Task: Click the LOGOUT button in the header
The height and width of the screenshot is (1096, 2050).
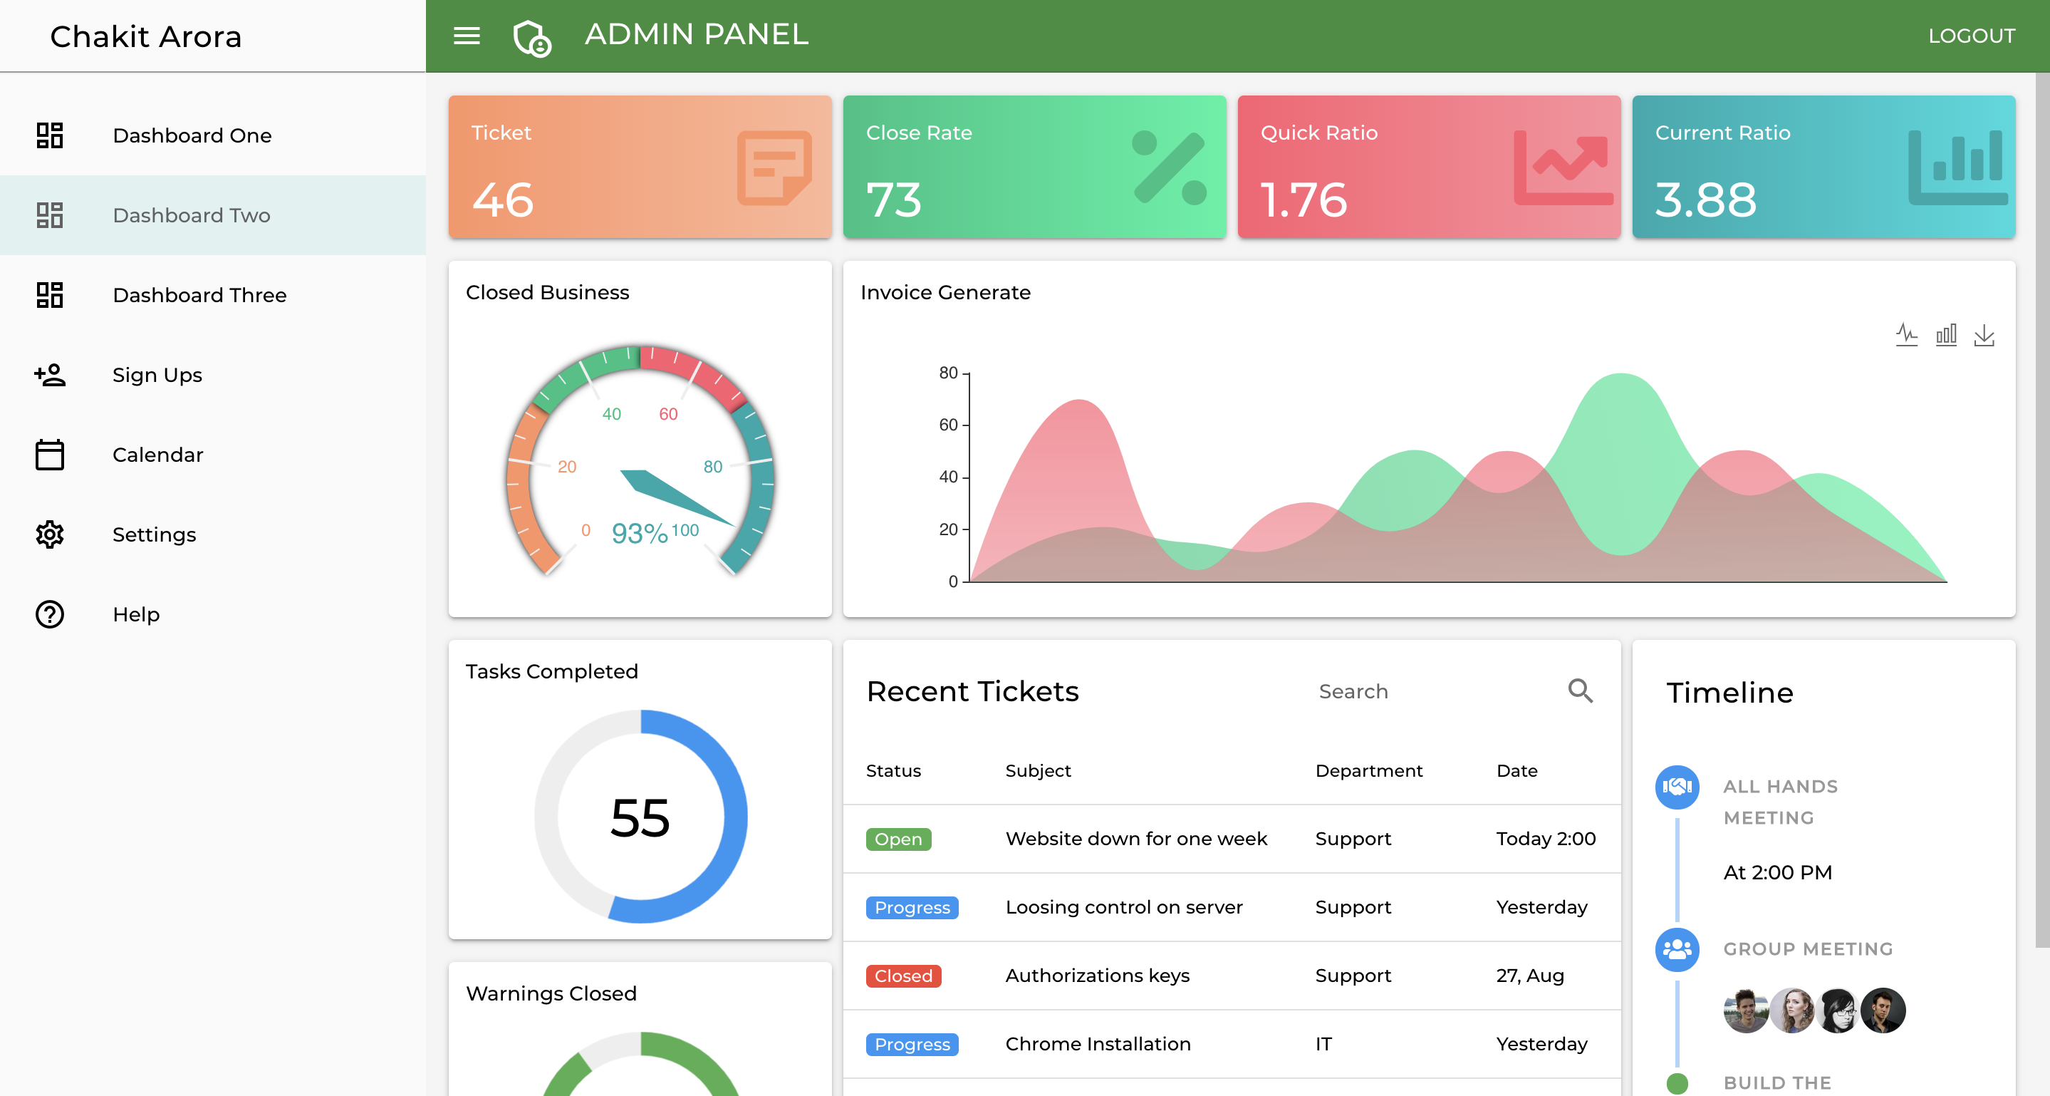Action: pos(1970,36)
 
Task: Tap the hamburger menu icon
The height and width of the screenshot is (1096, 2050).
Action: pos(467,36)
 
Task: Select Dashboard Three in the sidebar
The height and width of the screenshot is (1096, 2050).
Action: pos(199,295)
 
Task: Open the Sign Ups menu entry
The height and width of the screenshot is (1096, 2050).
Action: pos(157,375)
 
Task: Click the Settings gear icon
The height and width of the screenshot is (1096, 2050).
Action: pos(49,534)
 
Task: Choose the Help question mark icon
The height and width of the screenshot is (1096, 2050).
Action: pos(49,614)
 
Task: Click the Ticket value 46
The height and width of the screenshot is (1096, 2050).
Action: pos(503,200)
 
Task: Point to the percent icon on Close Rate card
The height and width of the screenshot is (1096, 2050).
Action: pos(1168,168)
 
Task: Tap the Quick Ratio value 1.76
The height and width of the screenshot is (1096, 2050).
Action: pos(1304,200)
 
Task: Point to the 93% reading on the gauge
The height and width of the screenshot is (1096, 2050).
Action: pos(639,533)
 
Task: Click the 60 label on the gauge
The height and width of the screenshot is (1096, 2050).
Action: pos(667,414)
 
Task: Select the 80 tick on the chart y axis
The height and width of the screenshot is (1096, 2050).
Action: pos(948,373)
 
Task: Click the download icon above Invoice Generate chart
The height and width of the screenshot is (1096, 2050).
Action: pos(1984,335)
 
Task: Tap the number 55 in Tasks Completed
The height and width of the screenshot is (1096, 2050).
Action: pos(640,817)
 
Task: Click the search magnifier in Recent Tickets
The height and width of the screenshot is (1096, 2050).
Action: pos(1580,690)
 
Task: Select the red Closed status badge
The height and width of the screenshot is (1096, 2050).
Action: pos(902,976)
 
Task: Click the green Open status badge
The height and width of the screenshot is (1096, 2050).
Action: pos(897,839)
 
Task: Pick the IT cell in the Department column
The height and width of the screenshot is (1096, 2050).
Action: pos(1323,1043)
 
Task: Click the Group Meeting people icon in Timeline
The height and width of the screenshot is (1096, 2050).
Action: pos(1677,948)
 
